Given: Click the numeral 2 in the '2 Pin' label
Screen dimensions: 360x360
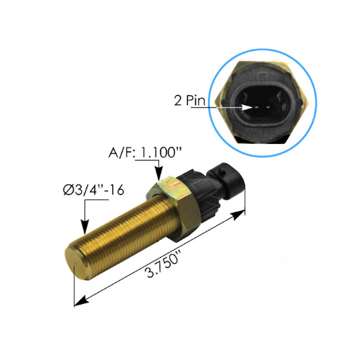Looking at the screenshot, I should [x=176, y=101].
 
